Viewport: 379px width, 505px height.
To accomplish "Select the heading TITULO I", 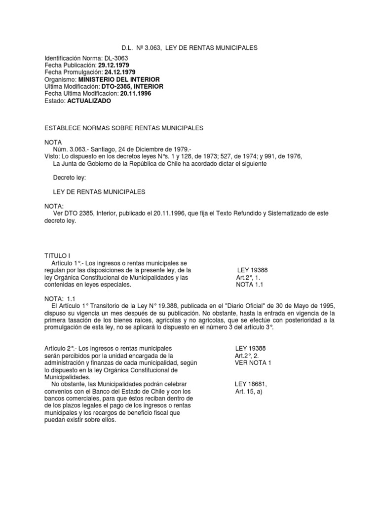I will (58, 256).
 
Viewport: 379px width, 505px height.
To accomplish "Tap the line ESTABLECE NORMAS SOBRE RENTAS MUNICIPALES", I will (124, 128).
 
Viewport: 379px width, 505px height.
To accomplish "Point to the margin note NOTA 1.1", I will (251, 285).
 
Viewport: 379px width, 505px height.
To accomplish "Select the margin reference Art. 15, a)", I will (251, 391).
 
